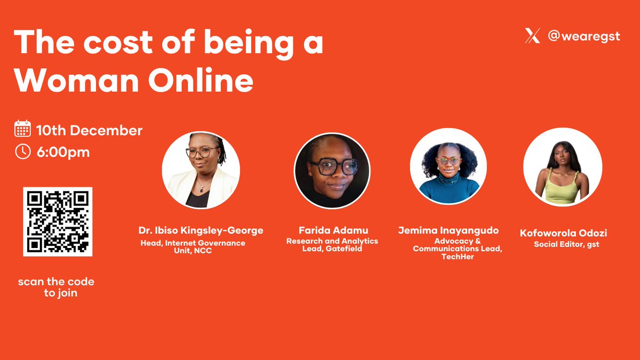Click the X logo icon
click(532, 36)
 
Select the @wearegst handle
click(584, 37)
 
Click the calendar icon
click(23, 130)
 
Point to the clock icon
click(23, 151)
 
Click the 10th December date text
click(89, 130)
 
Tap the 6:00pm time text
click(63, 152)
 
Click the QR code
click(58, 221)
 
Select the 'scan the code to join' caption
click(56, 287)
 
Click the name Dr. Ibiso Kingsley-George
click(201, 231)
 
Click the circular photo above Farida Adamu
click(332, 170)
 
